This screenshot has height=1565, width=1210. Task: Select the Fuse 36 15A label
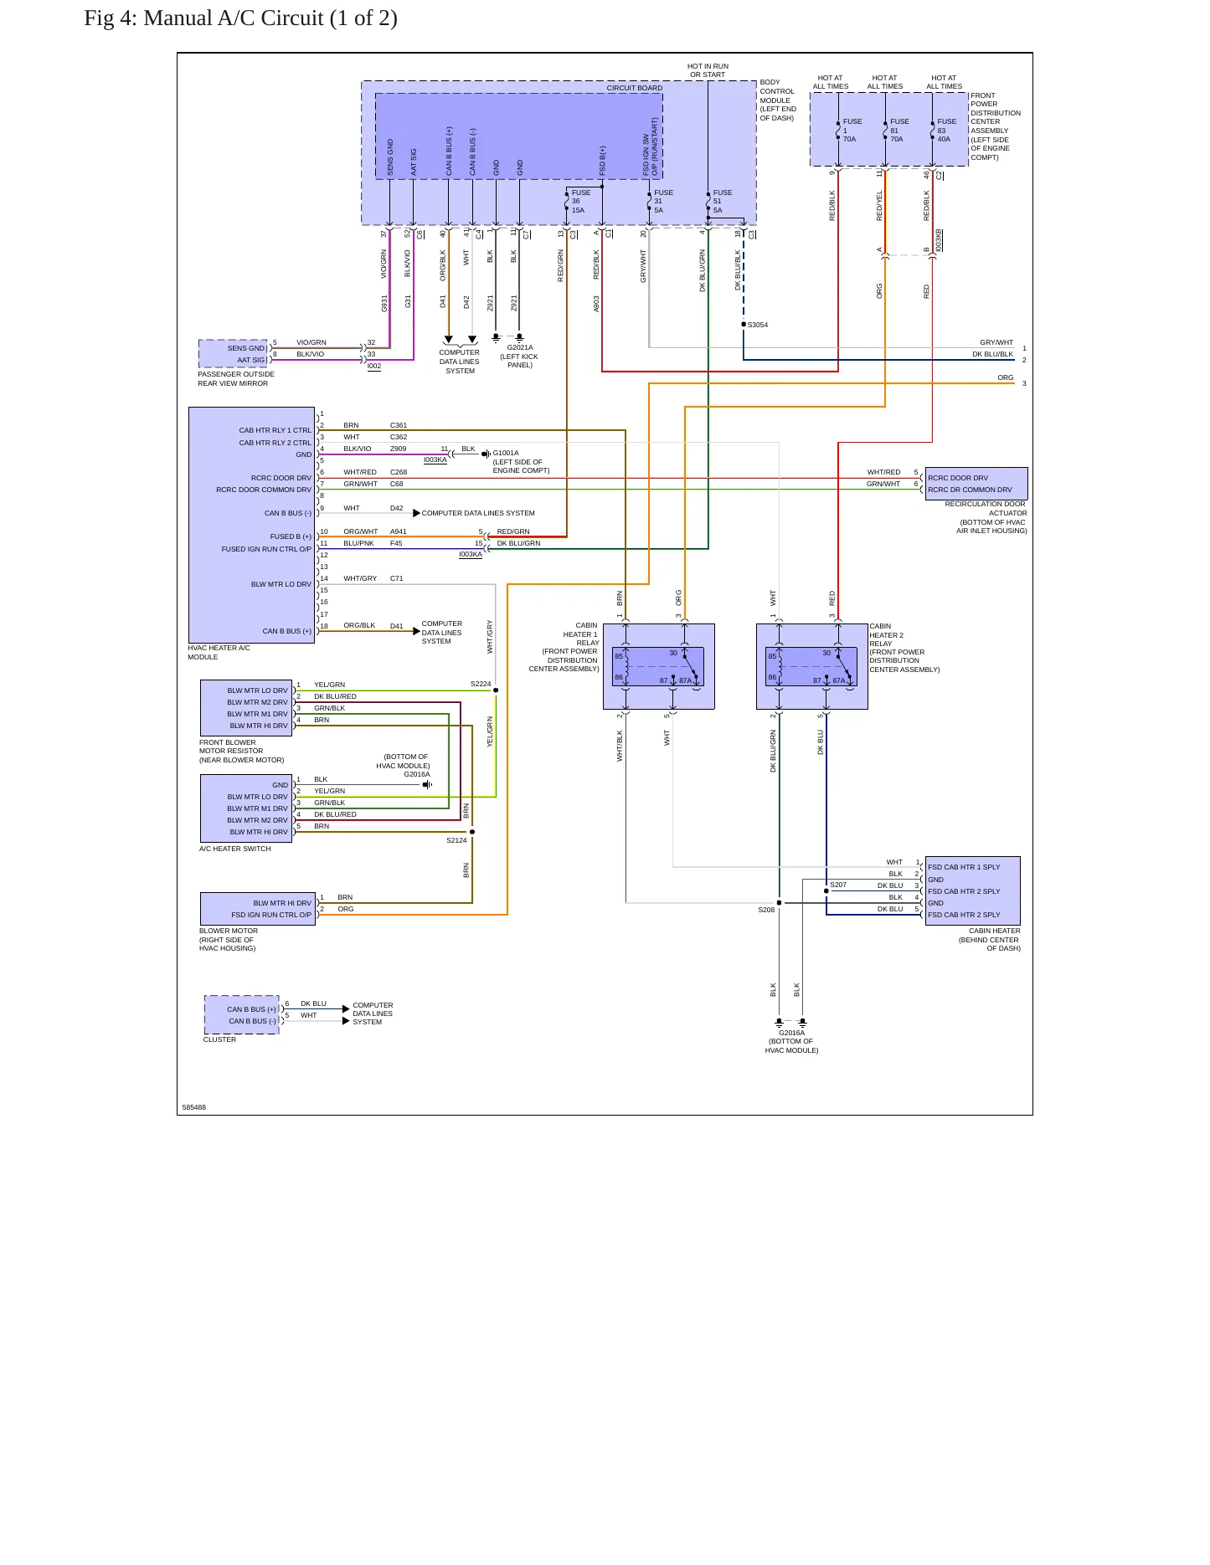[581, 202]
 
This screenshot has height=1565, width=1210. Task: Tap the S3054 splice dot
[744, 324]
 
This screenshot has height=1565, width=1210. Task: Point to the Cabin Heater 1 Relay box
[659, 666]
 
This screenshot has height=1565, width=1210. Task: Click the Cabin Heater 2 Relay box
[812, 666]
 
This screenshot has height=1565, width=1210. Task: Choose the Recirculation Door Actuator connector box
[976, 484]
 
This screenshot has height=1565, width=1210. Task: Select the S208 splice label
[766, 910]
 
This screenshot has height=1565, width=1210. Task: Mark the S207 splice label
[838, 885]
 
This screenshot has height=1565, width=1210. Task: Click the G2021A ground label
[520, 347]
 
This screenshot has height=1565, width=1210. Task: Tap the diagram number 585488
[194, 1107]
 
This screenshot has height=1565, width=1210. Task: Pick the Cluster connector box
[242, 1015]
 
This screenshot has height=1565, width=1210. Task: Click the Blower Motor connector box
[258, 909]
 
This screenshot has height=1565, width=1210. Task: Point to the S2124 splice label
[456, 840]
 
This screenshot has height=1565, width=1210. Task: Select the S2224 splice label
[481, 684]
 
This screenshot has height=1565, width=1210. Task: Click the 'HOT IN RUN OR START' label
[708, 70]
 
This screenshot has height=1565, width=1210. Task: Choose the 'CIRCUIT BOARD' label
[635, 88]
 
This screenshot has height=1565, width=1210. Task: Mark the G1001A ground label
[506, 453]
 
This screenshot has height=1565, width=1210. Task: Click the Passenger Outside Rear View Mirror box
[233, 354]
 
